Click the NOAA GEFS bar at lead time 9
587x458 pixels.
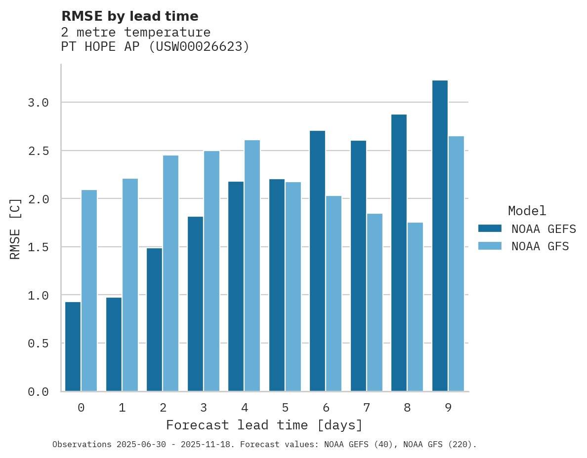pos(440,236)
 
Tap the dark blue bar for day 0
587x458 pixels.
pos(73,346)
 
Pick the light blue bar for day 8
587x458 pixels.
pos(415,306)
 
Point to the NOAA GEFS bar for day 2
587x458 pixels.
pos(154,319)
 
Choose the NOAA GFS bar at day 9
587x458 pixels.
pos(456,264)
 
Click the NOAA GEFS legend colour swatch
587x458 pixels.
pos(490,229)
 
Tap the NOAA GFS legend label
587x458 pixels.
pos(540,246)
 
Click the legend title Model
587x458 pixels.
pos(527,211)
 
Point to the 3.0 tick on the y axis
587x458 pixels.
pos(39,103)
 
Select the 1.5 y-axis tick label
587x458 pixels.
pos(39,247)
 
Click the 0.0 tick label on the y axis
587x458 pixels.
pos(39,392)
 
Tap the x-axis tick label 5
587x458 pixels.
pos(285,408)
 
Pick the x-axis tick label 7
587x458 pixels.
pos(367,408)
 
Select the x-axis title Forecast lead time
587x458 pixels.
pos(264,425)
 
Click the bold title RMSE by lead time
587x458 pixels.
pos(129,16)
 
